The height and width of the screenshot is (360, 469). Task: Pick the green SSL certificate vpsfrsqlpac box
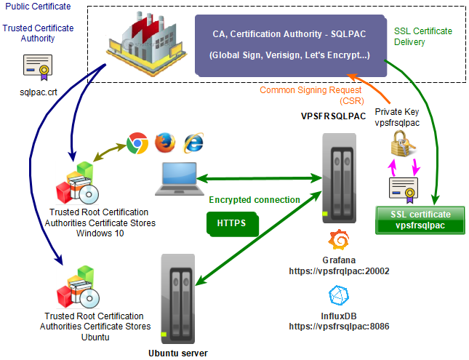[x=420, y=220]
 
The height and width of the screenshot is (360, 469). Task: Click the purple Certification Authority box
[x=289, y=44]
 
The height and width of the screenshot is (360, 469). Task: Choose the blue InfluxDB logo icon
[x=337, y=296]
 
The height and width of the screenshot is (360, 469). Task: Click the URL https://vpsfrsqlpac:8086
[x=339, y=327]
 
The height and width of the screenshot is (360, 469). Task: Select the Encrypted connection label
[x=254, y=199]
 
